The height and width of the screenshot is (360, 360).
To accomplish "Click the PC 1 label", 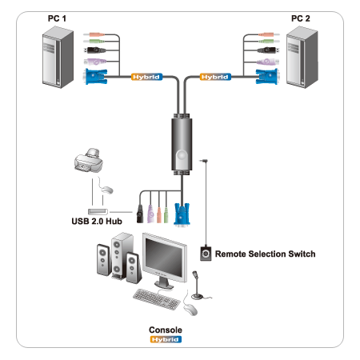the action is click(57, 18).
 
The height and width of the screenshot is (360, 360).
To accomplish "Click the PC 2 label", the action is click(301, 18).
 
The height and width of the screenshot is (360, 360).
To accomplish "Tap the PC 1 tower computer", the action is click(58, 57).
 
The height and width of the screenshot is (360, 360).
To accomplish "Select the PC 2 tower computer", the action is click(302, 57).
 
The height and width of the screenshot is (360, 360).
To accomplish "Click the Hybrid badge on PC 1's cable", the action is click(146, 77).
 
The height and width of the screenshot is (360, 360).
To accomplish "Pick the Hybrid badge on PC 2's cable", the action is click(215, 77).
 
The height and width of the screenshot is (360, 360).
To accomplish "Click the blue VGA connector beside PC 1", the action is click(95, 77).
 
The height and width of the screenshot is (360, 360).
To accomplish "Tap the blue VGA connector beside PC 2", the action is click(267, 77).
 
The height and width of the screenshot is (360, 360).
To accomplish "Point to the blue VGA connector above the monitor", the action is click(182, 214).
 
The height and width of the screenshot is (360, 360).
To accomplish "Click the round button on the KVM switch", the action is click(182, 155).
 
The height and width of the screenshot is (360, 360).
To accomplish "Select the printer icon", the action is click(89, 160).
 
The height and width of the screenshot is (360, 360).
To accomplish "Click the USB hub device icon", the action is click(98, 212).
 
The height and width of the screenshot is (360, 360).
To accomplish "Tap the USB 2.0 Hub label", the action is click(97, 222).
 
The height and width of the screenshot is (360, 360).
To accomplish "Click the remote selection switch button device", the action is click(206, 254).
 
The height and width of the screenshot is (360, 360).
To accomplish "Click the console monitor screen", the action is click(164, 258).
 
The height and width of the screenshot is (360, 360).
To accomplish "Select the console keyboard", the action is click(157, 299).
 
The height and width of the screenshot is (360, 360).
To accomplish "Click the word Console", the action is click(166, 330).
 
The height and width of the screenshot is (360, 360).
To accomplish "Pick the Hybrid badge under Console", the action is click(166, 339).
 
